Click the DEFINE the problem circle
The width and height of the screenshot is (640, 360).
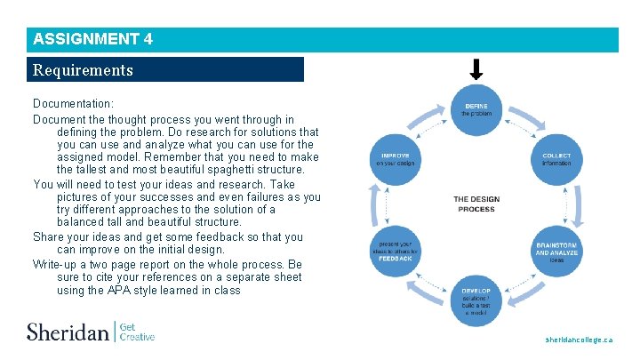(x=476, y=110)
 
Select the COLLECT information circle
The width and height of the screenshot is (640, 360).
(x=556, y=159)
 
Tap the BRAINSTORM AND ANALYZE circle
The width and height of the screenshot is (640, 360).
(x=556, y=252)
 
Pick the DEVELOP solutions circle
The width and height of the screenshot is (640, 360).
(x=476, y=300)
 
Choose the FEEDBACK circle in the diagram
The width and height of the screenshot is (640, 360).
(x=395, y=252)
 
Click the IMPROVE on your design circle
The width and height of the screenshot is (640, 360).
(x=395, y=159)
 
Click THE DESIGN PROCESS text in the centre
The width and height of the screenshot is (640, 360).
(x=476, y=204)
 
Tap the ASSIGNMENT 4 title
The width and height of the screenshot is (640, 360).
(x=92, y=39)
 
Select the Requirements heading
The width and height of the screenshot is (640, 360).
(x=83, y=69)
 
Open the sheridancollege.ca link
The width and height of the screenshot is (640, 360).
(x=579, y=340)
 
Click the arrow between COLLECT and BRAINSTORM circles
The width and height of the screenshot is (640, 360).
(x=575, y=204)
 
